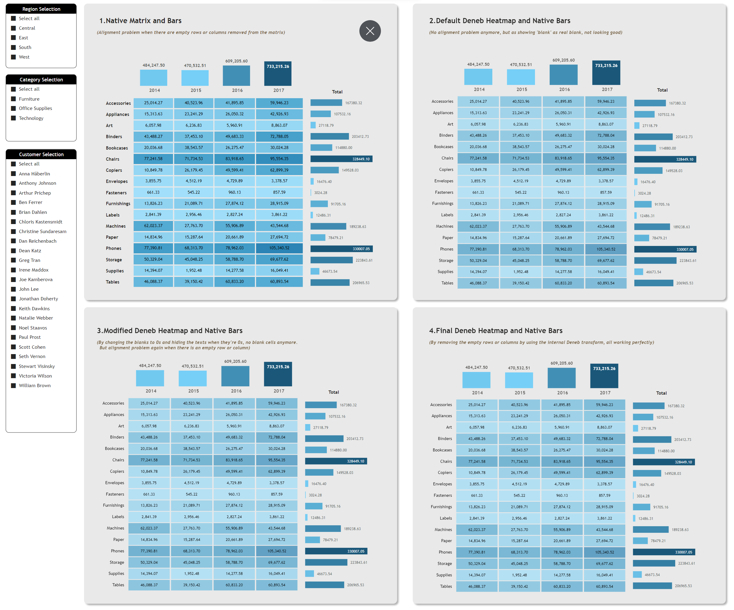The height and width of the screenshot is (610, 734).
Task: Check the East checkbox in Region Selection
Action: (x=14, y=38)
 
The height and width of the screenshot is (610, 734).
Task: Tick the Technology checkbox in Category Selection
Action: (x=14, y=118)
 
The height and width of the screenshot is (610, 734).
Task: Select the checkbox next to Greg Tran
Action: (x=14, y=260)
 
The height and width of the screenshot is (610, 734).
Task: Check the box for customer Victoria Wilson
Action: (x=14, y=376)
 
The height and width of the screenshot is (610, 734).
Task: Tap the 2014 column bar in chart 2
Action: (x=478, y=77)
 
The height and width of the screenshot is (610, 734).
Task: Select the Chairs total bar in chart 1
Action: (x=341, y=159)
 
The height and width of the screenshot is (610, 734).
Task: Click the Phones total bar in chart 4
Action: (x=664, y=552)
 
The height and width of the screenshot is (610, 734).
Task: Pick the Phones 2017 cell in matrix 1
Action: (x=279, y=248)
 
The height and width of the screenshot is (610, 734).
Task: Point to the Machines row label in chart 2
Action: (x=444, y=226)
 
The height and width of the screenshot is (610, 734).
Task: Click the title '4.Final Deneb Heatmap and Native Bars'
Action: (x=496, y=331)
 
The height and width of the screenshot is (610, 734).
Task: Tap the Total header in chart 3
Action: (x=334, y=392)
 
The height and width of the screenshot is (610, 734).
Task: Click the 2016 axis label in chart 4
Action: (x=562, y=393)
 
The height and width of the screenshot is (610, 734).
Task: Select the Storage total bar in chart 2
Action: (x=655, y=261)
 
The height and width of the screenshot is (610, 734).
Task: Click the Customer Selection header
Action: (x=41, y=154)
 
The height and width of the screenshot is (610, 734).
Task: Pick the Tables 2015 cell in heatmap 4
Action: (x=519, y=586)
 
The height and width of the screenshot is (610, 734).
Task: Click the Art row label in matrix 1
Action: (x=109, y=126)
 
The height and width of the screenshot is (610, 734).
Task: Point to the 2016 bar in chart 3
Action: (x=235, y=376)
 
